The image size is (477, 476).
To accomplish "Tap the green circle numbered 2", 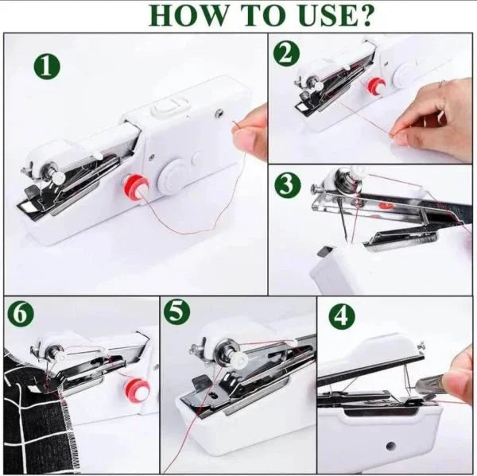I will tap(287, 52).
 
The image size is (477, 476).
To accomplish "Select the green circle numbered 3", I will tap(288, 184).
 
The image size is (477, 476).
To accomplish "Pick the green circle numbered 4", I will tap(343, 317).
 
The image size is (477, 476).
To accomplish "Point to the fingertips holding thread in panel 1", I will tap(253, 131).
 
